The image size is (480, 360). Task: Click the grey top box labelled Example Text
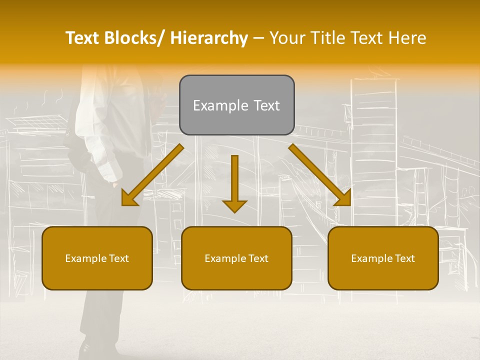pos(236,105)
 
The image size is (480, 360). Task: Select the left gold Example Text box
pos(97,258)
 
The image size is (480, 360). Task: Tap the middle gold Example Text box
pos(236,258)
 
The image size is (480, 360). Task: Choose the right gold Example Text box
pos(383,258)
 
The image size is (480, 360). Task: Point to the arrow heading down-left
pos(152,175)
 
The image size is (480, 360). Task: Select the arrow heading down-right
pos(320,175)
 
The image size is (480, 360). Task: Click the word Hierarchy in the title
pos(209,38)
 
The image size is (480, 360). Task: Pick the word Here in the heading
pos(408,38)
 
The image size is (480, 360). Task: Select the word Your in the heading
pos(287,38)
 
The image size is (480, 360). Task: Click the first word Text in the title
pos(83,38)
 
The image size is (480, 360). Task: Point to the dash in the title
pos(258,38)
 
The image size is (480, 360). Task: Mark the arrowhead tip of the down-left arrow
pos(123,204)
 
